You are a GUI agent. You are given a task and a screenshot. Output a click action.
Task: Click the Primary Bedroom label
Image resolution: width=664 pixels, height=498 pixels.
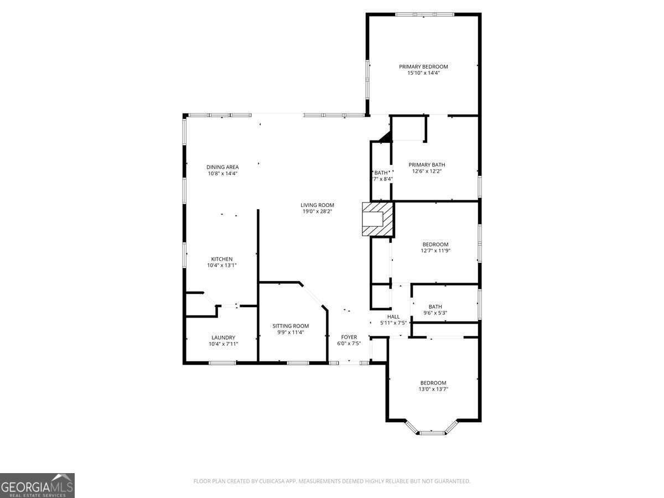click(423, 66)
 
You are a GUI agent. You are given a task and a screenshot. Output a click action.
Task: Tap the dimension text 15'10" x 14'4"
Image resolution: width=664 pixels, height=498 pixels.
click(423, 73)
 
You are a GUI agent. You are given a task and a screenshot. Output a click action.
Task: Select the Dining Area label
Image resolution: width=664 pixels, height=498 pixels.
click(222, 167)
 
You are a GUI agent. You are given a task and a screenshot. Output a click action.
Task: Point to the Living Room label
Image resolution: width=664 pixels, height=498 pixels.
click(318, 205)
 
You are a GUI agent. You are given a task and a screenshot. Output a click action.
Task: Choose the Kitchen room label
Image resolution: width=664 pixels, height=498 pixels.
click(222, 259)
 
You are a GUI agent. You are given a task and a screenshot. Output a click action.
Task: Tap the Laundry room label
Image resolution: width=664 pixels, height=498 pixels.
click(223, 338)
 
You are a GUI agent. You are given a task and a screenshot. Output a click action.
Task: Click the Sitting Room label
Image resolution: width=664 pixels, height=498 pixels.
click(290, 326)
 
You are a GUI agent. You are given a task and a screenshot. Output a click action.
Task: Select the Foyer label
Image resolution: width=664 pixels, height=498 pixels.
click(349, 337)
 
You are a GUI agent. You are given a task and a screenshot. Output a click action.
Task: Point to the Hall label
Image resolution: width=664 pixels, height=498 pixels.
click(393, 317)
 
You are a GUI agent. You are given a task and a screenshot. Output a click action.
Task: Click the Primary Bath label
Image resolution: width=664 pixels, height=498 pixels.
click(427, 164)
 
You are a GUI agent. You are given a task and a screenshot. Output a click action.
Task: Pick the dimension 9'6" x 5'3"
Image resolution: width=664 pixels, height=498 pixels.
click(435, 313)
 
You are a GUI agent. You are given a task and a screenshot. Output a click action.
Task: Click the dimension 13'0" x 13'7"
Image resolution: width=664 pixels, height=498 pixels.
click(433, 389)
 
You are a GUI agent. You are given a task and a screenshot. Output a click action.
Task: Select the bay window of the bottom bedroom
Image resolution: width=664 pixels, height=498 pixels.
click(432, 432)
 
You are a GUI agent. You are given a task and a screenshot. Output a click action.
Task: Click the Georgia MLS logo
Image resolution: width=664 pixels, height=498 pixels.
click(37, 485)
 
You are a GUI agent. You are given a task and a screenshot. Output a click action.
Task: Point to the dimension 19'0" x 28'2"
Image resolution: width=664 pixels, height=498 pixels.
click(318, 211)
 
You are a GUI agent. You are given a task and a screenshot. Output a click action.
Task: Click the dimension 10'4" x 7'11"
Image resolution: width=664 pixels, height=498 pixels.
click(223, 344)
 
